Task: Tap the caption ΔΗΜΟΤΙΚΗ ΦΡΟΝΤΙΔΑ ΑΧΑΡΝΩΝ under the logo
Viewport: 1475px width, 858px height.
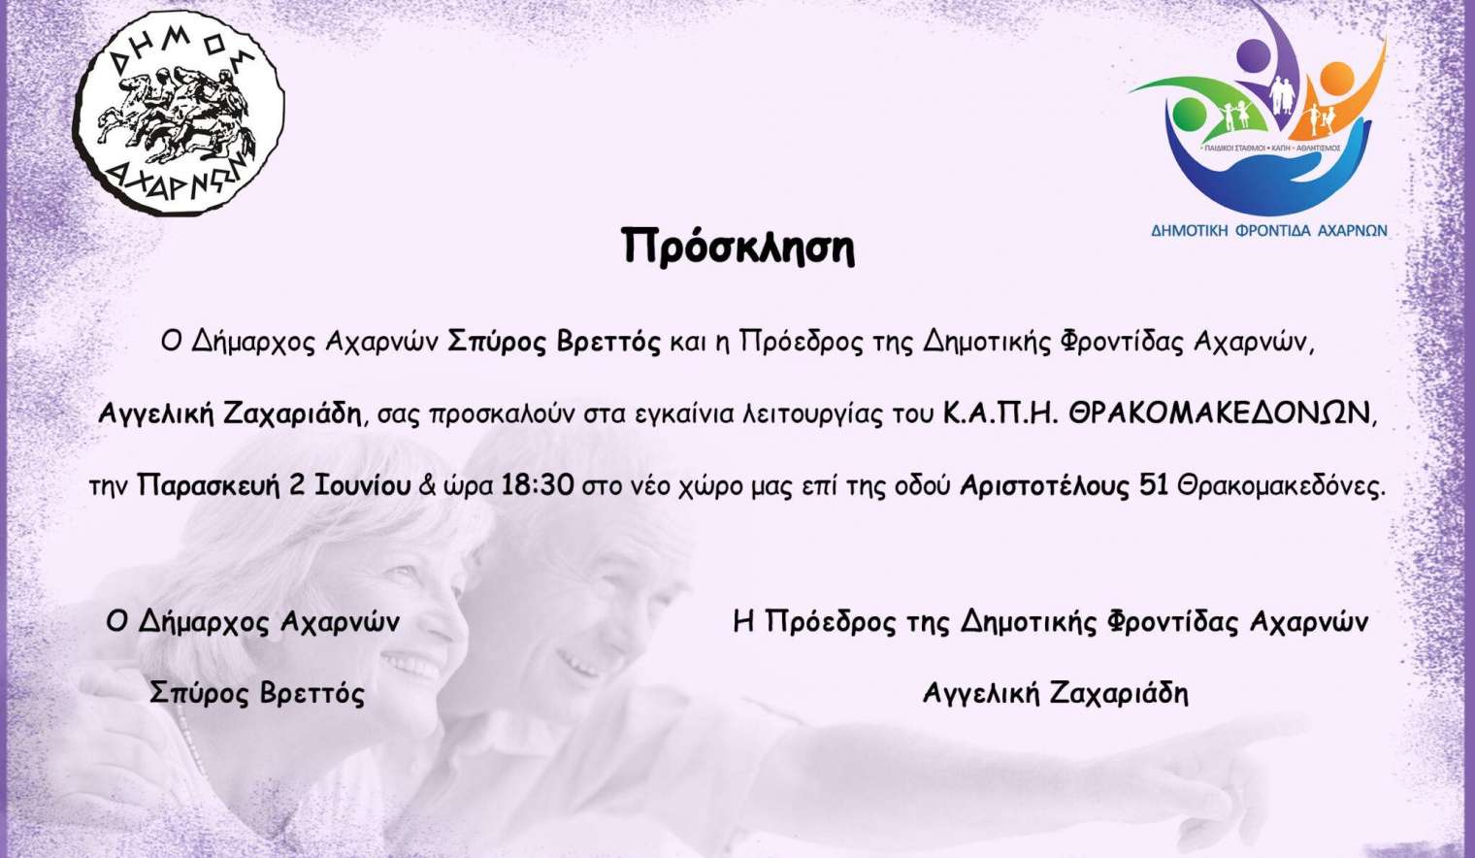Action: [x=1269, y=230]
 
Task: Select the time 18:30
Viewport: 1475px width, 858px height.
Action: [x=538, y=486]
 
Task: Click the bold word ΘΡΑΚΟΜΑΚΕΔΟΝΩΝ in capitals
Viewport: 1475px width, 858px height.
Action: [x=1219, y=414]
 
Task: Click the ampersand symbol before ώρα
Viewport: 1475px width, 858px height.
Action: [x=427, y=487]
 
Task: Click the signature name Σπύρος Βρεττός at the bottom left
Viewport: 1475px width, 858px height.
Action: [x=257, y=693]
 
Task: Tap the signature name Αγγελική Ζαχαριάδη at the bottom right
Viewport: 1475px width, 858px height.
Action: [x=1056, y=693]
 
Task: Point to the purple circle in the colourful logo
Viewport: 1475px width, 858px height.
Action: [x=1253, y=55]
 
